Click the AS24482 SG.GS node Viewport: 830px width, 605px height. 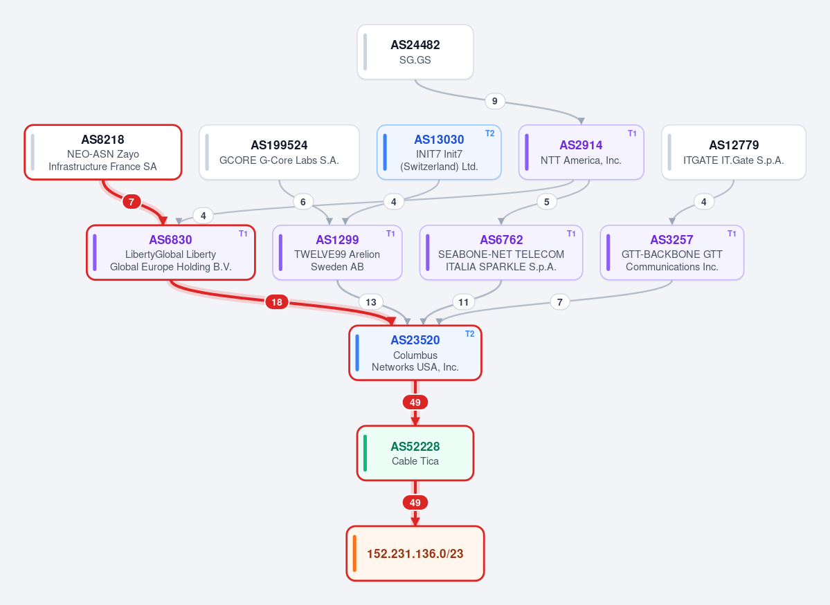(415, 52)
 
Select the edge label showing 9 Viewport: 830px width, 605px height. (494, 101)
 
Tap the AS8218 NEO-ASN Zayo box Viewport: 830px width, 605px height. (103, 152)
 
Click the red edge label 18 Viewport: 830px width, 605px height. (277, 302)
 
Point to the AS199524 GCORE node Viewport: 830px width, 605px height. (279, 152)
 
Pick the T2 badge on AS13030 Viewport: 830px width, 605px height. (489, 133)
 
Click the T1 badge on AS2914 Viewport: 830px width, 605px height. (632, 133)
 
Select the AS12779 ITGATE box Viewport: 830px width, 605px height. (734, 152)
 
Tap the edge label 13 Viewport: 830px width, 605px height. (371, 302)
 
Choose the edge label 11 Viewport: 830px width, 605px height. (464, 302)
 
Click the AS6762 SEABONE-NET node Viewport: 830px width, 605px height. (501, 253)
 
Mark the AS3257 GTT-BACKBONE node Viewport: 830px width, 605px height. (671, 253)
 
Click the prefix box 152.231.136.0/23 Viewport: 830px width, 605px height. (415, 554)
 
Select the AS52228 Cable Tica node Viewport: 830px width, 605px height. (415, 453)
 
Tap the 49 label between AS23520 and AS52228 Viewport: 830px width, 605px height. (415, 402)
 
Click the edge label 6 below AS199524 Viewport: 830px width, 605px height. (303, 201)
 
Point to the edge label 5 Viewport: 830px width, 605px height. (547, 201)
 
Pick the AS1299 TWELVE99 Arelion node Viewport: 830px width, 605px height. (337, 253)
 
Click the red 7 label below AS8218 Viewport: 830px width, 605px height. (132, 201)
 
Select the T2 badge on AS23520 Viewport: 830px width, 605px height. (469, 334)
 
